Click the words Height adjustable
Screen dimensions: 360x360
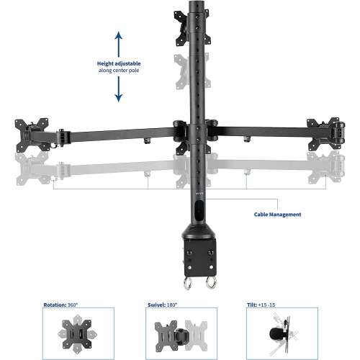119,63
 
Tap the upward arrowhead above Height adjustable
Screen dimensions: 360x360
119,35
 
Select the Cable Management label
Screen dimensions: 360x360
277,215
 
